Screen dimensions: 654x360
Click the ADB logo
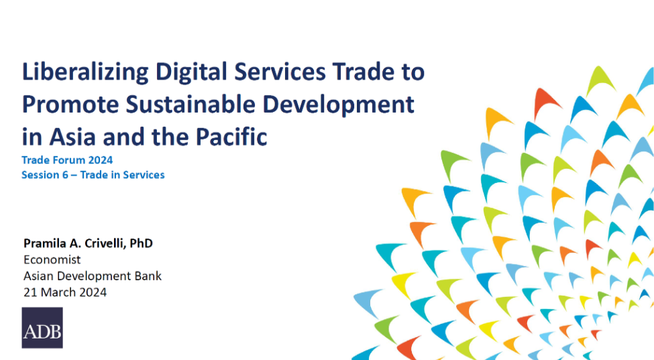click(42, 328)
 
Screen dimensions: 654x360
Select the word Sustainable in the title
click(190, 104)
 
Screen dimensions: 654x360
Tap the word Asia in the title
click(72, 137)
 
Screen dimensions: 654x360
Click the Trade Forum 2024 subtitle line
click(67, 160)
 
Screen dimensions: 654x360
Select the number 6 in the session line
click(65, 175)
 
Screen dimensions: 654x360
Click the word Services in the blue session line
click(144, 175)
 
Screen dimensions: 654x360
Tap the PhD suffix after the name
click(141, 243)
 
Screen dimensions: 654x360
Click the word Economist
click(52, 259)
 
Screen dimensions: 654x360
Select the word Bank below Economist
click(148, 276)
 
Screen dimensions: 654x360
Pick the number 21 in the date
click(30, 292)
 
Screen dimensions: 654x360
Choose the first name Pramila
click(44, 243)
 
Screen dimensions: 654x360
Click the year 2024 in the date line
click(93, 292)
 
